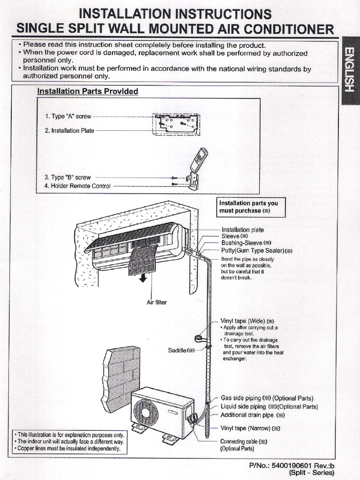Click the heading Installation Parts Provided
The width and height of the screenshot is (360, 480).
tap(88, 91)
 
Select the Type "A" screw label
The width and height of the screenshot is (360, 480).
tap(68, 116)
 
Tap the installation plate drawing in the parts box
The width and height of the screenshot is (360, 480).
tap(176, 124)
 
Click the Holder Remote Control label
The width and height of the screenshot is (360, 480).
tap(77, 186)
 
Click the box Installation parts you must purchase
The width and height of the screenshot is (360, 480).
tap(251, 207)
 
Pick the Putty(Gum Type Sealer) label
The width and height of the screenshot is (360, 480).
tap(256, 251)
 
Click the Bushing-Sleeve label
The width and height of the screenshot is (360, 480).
tap(246, 243)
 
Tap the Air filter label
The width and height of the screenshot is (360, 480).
tap(157, 302)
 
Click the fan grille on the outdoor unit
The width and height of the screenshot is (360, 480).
tap(146, 412)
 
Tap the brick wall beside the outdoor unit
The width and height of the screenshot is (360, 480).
tap(121, 377)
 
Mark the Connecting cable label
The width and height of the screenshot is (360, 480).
tap(243, 442)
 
